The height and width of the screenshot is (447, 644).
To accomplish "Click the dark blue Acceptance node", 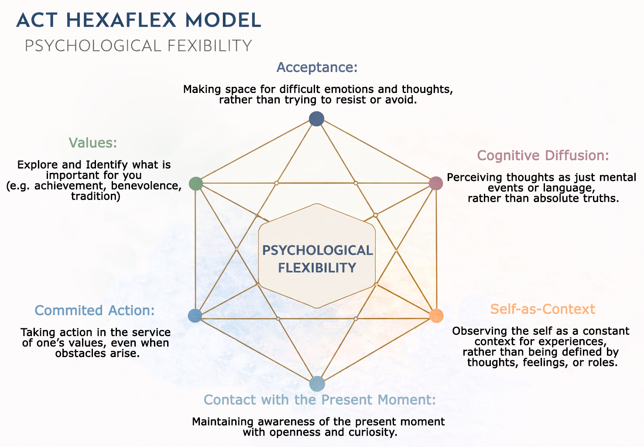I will coord(316,119).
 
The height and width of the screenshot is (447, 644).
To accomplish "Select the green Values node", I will coord(196,184).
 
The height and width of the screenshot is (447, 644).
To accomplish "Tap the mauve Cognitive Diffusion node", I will coord(436,183).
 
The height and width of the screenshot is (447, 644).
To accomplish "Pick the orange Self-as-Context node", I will coord(436,316).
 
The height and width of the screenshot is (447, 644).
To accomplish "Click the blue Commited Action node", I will coord(195,316).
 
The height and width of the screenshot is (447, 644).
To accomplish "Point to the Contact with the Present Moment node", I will coord(317,384).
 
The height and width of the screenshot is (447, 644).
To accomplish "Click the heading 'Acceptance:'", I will coord(317,67).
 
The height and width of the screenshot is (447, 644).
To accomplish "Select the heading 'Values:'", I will coord(93,143).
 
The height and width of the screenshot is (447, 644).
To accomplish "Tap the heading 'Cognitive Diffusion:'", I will coord(543,155).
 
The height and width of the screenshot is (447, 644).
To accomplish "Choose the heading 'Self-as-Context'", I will coord(542,309).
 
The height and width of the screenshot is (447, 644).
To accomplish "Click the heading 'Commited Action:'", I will coord(95,310).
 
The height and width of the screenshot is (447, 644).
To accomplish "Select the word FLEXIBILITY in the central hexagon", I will coord(317,268).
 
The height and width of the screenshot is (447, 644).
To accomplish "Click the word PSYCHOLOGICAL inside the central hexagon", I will coord(317,250).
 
